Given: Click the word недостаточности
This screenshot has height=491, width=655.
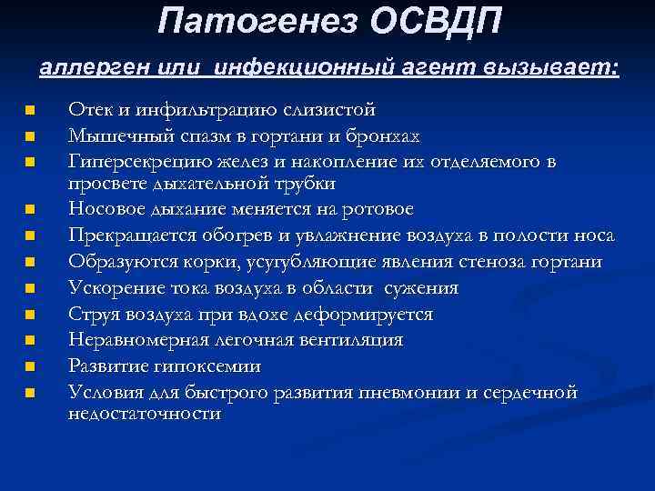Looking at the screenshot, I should click(145, 413).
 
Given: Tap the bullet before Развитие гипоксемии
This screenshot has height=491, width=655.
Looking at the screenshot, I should click(30, 367).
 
